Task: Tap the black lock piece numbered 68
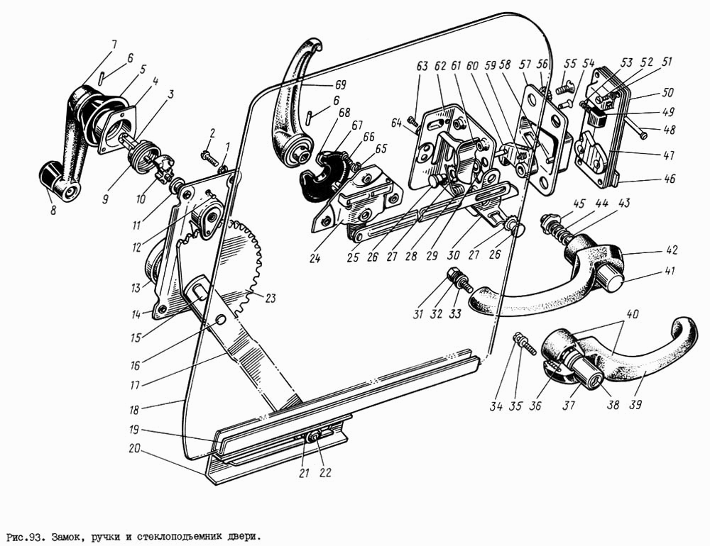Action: (317, 175)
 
